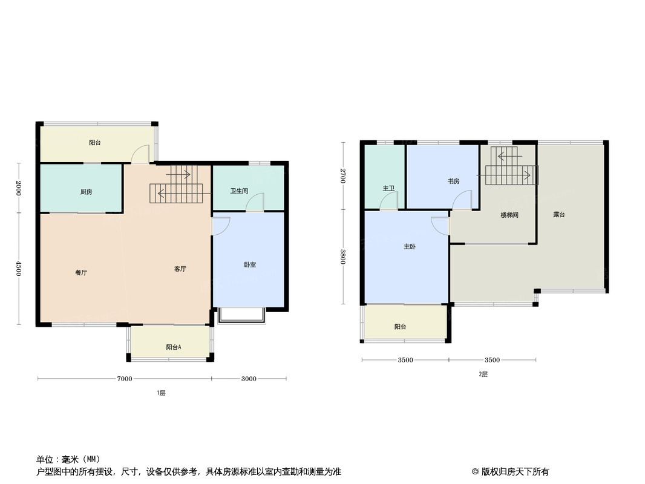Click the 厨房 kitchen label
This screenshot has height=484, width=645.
tap(86, 192)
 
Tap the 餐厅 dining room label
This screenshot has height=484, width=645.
tap(81, 272)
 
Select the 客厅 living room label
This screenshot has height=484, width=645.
tap(180, 269)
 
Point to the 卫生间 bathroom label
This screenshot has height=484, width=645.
tap(239, 191)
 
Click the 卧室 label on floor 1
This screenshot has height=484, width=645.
tap(250, 264)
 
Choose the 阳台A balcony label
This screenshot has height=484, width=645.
tap(174, 347)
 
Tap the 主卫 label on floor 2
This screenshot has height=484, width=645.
tap(388, 188)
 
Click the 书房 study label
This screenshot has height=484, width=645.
tap(454, 181)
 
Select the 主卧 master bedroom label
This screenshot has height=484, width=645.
tap(410, 246)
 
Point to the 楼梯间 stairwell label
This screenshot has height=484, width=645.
tap(509, 215)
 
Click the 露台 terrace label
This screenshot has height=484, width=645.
tap(558, 214)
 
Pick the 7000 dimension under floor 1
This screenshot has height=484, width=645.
tap(124, 379)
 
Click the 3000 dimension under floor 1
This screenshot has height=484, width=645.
tap(249, 379)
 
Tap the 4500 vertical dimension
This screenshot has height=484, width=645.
tap(18, 269)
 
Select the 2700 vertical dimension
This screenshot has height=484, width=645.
tap(342, 176)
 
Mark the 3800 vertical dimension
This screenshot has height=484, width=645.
tap(342, 257)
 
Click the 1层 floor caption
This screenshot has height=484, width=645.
tap(161, 393)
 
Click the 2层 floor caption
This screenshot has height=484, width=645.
tap(483, 374)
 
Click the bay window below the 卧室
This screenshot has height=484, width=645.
tap(241, 315)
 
